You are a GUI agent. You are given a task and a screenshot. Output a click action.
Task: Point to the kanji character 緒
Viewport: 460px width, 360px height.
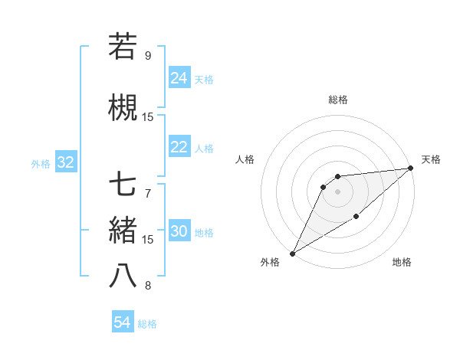tap(123, 231)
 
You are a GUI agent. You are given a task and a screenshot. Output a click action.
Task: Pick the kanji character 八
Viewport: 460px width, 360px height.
tap(123, 275)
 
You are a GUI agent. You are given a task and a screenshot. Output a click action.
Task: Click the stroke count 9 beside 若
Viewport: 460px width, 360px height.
tap(148, 55)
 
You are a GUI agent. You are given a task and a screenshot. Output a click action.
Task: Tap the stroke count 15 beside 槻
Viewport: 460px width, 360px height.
tap(148, 116)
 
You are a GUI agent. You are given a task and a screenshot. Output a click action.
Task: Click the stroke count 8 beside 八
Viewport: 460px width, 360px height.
tap(148, 286)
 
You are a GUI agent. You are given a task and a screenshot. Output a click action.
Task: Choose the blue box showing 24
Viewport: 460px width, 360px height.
tap(179, 78)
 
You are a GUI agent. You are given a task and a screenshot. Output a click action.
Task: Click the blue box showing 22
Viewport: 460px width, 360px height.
tap(179, 147)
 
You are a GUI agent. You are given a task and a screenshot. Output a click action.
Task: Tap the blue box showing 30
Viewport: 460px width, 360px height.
tap(179, 232)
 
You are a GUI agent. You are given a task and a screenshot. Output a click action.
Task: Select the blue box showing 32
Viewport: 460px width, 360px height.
tap(65, 162)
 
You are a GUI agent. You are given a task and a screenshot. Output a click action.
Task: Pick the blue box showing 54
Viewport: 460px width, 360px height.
tap(123, 323)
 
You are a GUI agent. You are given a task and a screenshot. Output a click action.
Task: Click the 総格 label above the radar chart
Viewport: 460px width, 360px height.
tap(337, 100)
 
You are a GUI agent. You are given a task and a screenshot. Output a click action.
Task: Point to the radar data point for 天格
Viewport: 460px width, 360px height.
tap(411, 168)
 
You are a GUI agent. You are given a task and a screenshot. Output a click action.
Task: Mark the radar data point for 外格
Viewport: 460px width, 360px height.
tap(292, 253)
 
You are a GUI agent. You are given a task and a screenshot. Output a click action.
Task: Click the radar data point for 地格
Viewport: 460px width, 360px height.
tap(356, 218)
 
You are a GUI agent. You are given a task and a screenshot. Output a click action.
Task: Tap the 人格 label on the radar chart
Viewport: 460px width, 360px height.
tap(245, 159)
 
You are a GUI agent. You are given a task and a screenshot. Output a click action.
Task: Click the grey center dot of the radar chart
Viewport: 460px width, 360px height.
tap(337, 191)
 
